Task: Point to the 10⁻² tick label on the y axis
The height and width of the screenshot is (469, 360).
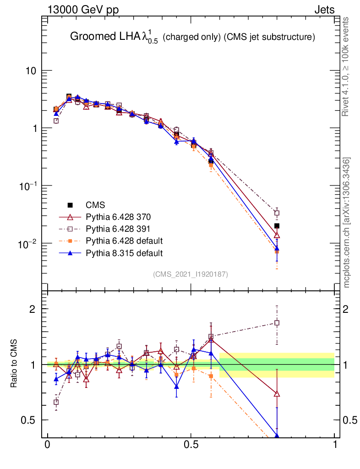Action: point(27,244)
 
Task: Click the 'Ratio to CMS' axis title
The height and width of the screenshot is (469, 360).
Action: point(14,364)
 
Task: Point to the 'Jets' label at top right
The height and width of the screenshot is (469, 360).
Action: point(324,10)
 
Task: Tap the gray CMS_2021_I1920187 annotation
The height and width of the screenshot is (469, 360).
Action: point(191,274)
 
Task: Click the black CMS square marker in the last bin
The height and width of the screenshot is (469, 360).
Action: point(277,226)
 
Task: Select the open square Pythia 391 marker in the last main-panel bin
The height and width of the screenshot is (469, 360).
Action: point(277,213)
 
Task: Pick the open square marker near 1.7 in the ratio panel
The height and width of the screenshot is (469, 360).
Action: point(277,322)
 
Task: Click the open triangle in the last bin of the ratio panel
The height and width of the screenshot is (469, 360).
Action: point(277,394)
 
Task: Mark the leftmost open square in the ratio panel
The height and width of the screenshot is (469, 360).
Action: point(56,402)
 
